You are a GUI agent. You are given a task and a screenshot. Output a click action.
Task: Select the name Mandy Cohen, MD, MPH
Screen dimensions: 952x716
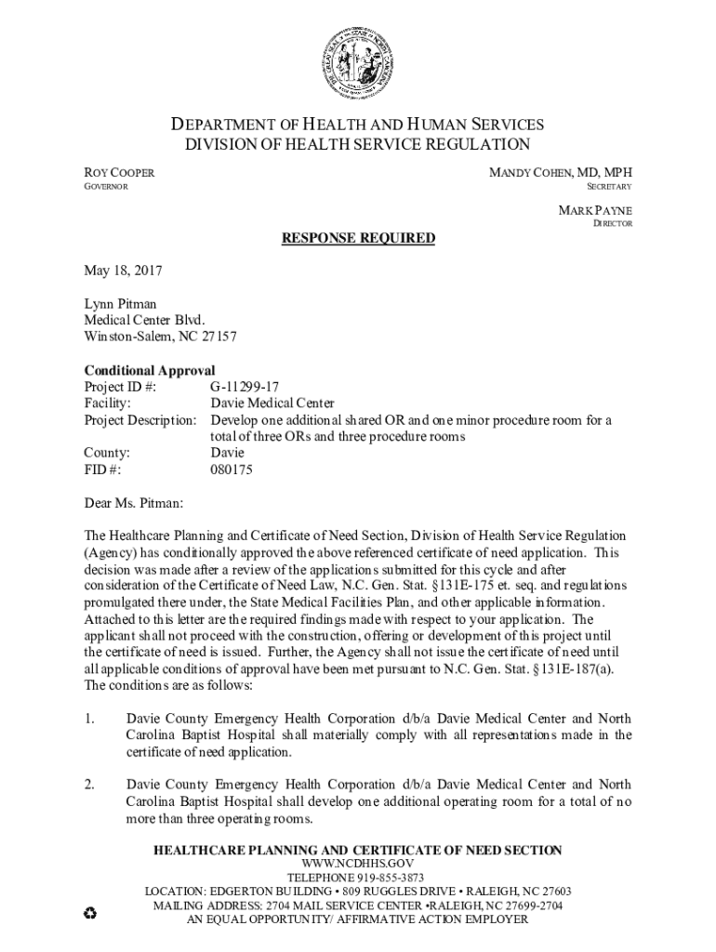(561, 173)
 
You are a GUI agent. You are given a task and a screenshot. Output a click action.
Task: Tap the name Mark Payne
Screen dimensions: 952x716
(595, 210)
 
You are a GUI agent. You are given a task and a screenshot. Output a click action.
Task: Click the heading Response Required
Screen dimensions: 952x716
(358, 238)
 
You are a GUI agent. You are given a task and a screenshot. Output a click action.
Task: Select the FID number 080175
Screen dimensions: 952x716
(231, 470)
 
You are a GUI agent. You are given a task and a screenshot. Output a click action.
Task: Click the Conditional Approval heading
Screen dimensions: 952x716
(150, 370)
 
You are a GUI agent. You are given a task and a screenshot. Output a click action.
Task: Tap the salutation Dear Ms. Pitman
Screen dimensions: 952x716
(134, 504)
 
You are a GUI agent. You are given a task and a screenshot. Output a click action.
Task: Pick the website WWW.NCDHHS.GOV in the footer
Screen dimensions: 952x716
(357, 864)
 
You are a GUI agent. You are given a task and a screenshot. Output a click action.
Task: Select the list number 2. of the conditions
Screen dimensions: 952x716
(90, 785)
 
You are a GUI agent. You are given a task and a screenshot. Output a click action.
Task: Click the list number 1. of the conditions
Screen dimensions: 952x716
(90, 719)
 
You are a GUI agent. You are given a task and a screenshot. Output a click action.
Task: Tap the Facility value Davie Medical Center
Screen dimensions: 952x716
(272, 403)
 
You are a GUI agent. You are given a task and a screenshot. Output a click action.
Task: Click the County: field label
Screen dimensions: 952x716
(107, 454)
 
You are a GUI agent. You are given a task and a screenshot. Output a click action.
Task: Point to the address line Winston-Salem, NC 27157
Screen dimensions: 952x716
(161, 337)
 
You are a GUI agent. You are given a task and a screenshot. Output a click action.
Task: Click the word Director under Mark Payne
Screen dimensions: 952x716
(613, 224)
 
